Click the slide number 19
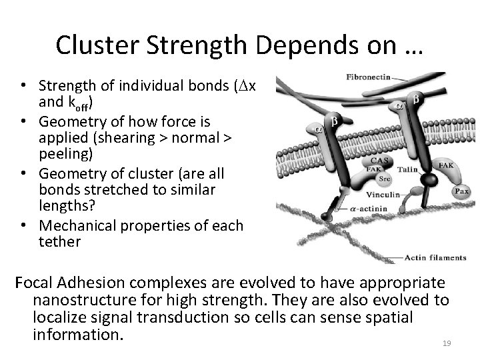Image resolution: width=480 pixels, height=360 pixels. coord(447,343)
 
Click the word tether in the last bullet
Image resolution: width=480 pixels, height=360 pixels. coord(59,242)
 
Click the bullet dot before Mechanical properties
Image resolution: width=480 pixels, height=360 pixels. coord(23,225)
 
